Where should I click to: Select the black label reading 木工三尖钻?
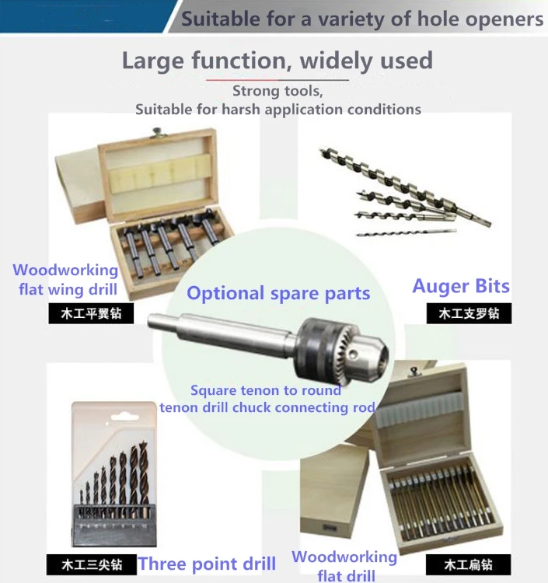tap(92, 564)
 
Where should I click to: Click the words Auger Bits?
tap(461, 286)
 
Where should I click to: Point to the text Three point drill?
tap(207, 564)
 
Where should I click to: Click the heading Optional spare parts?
tap(278, 293)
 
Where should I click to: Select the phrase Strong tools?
tap(277, 92)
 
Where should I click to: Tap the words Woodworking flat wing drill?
tap(66, 281)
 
